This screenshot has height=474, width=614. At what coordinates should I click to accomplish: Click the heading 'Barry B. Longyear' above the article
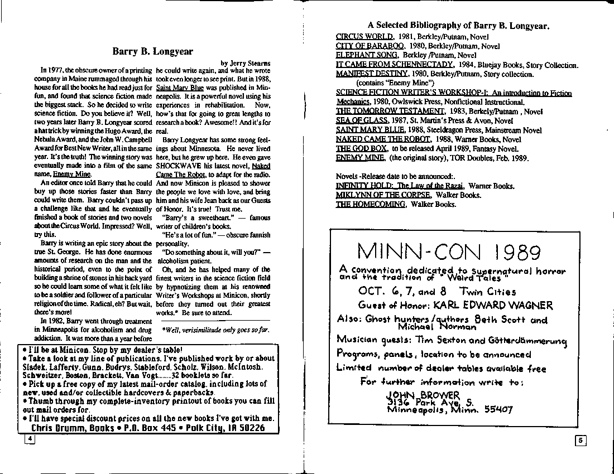tap(152, 51)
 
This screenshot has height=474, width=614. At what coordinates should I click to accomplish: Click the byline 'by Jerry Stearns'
tap(245, 63)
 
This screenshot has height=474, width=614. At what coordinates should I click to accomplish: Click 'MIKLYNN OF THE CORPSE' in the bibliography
tap(383, 195)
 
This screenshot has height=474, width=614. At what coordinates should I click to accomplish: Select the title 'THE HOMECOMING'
tap(371, 204)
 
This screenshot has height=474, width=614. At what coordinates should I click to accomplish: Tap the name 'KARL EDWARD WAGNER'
tap(492, 305)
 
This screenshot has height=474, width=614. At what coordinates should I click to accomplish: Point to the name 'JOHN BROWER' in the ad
tap(423, 395)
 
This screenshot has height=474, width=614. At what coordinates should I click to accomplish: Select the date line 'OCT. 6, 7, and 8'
tap(397, 291)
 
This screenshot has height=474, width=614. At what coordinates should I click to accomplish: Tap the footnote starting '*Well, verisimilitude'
tap(215, 330)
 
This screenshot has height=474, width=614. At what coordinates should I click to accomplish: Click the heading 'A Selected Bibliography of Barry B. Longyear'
tap(458, 25)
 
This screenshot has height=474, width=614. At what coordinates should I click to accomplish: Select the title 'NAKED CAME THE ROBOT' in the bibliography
tap(383, 139)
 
